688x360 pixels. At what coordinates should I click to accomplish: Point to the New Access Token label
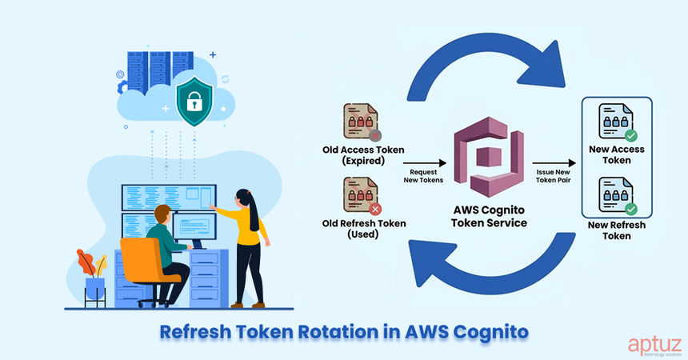(x=616, y=154)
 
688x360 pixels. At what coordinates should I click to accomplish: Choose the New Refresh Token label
(x=616, y=230)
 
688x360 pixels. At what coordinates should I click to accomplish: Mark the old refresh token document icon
(x=362, y=196)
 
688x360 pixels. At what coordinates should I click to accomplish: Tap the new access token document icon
(x=616, y=122)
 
